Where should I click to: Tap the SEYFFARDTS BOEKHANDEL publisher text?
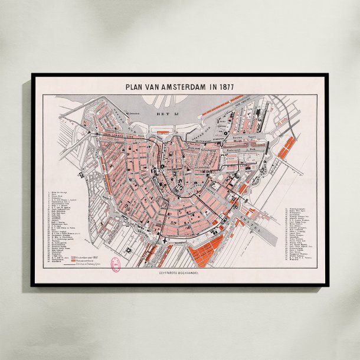point(180,274)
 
